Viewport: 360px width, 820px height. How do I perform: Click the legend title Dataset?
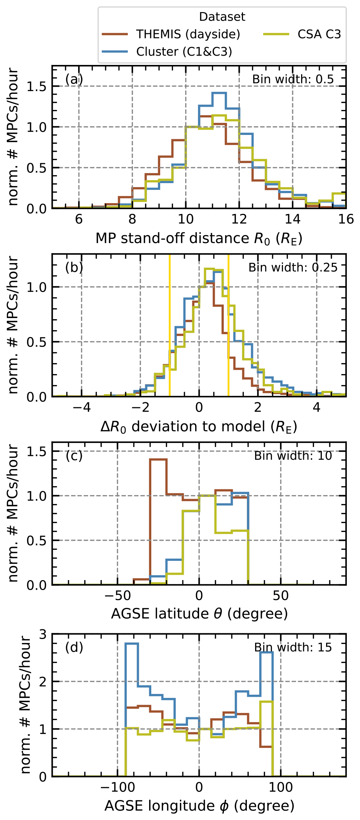pyautogui.click(x=222, y=17)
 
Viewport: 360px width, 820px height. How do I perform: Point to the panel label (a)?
pyautogui.click(x=74, y=79)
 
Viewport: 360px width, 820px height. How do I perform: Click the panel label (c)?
pyautogui.click(x=74, y=456)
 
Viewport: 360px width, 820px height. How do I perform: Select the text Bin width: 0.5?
pyautogui.click(x=293, y=79)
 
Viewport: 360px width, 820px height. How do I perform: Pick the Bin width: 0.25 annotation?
pyautogui.click(x=293, y=267)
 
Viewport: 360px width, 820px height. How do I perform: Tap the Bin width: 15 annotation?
pyautogui.click(x=293, y=647)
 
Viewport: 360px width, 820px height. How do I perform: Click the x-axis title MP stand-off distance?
pyautogui.click(x=199, y=238)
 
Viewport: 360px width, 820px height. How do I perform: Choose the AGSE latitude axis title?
pyautogui.click(x=199, y=614)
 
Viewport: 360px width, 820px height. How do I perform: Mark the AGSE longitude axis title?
pyautogui.click(x=199, y=806)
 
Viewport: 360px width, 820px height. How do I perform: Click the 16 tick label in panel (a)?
pyautogui.click(x=346, y=219)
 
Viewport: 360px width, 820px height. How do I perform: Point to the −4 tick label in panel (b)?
pyautogui.click(x=82, y=407)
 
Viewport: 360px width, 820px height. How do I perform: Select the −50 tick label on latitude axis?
pyautogui.click(x=117, y=595)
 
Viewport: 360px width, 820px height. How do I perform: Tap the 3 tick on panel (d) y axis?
pyautogui.click(x=43, y=634)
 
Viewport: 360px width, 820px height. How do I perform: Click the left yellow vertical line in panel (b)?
pyautogui.click(x=170, y=325)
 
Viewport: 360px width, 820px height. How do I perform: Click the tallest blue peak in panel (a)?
pyautogui.click(x=219, y=93)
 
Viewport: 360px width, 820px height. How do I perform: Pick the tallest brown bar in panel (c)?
pyautogui.click(x=158, y=460)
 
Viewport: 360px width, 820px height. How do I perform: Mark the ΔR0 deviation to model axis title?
pyautogui.click(x=199, y=427)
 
